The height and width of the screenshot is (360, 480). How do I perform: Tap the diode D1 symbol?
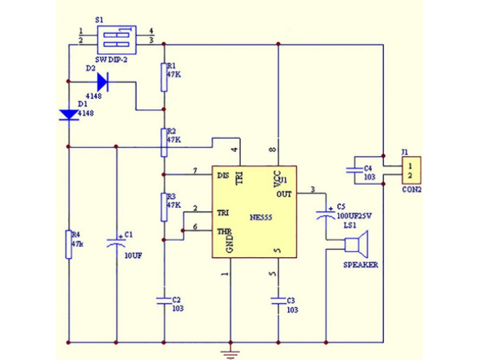click(x=68, y=115)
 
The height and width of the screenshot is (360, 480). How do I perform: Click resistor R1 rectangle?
click(x=162, y=77)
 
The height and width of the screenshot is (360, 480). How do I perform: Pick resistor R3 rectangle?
click(x=162, y=207)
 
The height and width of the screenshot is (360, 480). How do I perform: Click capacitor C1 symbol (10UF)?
click(x=115, y=241)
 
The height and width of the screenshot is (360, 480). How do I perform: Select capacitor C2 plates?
click(x=162, y=300)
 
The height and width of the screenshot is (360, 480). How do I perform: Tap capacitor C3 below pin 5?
click(x=278, y=300)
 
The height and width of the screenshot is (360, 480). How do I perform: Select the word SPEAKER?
click(x=360, y=264)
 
